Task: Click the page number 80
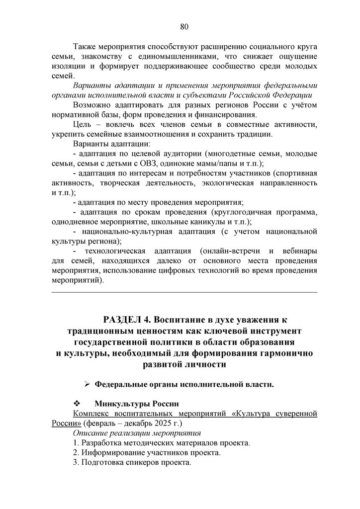point(183,26)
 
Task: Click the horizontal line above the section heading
point(184,293)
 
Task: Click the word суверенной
point(293,413)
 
